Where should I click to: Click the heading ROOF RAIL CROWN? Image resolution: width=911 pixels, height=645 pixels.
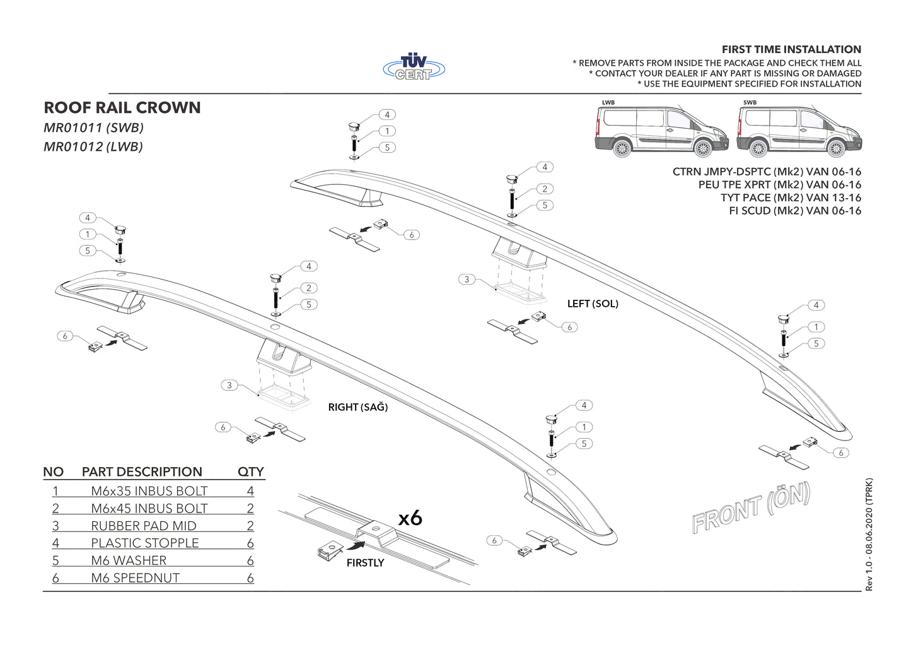pos(122,108)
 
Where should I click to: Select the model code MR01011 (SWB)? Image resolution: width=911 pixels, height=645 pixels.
pos(93,127)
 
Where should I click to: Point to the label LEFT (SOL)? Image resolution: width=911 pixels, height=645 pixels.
pos(593,304)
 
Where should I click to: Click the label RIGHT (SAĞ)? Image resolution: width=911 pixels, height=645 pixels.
pos(357,407)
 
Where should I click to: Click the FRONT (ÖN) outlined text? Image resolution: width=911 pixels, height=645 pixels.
pos(750,508)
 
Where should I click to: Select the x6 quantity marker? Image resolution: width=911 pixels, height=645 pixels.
pos(410,518)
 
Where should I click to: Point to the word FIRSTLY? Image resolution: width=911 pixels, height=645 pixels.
pos(365,562)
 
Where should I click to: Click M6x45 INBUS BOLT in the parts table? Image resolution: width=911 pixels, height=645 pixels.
pos(149,508)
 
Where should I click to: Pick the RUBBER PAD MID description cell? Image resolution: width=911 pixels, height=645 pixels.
pos(144,526)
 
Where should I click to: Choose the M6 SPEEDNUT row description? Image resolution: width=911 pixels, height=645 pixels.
pos(135,577)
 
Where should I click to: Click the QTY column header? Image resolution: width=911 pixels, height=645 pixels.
pos(250,471)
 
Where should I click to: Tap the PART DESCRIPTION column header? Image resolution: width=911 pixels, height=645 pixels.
pos(142,471)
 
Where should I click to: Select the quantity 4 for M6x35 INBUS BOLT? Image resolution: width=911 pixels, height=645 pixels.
pos(250,491)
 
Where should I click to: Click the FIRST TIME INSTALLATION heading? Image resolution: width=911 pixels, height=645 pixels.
pos(791,49)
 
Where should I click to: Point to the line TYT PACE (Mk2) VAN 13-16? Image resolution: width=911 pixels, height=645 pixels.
pos(791,198)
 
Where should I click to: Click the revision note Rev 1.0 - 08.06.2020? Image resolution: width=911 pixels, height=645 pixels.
pos(869,535)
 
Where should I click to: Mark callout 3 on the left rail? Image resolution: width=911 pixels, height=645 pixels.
pos(467,279)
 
